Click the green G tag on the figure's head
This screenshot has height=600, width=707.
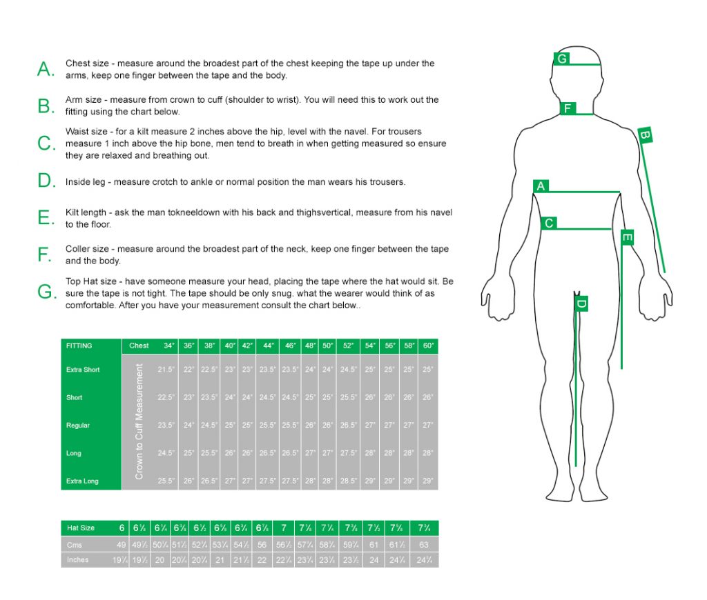[x=563, y=59]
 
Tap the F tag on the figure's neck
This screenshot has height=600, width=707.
[x=568, y=108]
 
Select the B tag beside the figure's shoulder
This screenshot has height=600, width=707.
[x=645, y=136]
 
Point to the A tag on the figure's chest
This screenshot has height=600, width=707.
[x=541, y=186]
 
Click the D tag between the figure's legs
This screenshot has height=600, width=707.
[x=581, y=303]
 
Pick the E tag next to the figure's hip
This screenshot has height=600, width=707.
[x=627, y=238]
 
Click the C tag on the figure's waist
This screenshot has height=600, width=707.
[x=549, y=223]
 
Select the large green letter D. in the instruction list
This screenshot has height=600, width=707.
[x=46, y=181]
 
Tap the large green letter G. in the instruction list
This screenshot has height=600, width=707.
[x=46, y=292]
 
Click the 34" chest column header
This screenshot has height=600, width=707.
[x=169, y=346]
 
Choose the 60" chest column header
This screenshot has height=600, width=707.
[x=428, y=346]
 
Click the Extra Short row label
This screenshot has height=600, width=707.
[x=83, y=370]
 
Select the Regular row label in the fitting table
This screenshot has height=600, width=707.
[x=78, y=426]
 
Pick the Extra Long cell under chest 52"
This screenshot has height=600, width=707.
[x=348, y=481]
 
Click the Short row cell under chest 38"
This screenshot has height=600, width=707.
[x=209, y=397]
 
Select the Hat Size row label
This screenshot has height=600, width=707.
[x=80, y=528]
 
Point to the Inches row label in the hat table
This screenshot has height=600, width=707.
[x=77, y=560]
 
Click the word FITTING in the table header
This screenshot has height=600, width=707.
[x=79, y=346]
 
